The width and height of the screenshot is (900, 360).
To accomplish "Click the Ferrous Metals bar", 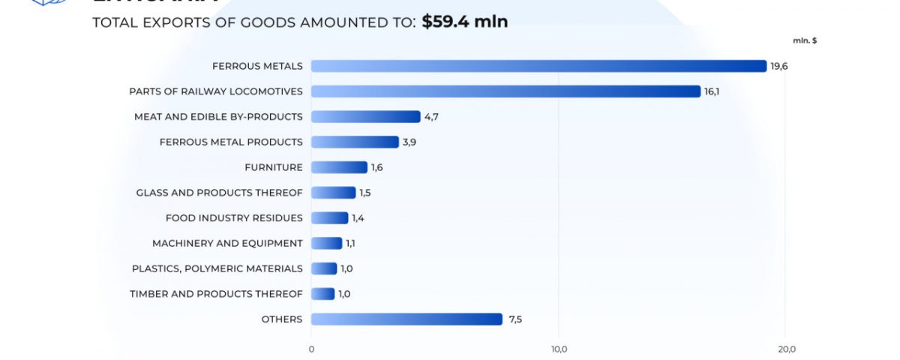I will click(538, 66).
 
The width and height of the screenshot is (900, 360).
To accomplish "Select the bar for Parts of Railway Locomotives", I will click(505, 91).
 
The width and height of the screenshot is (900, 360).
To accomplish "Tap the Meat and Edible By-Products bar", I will click(365, 117).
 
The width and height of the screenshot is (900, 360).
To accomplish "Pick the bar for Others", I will click(406, 319).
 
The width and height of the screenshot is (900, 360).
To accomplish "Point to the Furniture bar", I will click(339, 167).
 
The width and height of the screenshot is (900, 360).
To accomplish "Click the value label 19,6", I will click(779, 67).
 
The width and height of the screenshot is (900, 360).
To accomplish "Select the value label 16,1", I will click(712, 91).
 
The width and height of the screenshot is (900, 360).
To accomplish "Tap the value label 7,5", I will click(515, 319).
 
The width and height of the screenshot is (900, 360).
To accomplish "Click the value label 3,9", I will click(409, 142).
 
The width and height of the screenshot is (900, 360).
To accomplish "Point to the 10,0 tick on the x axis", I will click(559, 349).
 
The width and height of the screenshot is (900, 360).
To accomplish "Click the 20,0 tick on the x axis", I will click(787, 349).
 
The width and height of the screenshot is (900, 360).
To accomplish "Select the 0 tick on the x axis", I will click(311, 349).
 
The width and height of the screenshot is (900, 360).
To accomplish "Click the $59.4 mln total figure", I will click(464, 22).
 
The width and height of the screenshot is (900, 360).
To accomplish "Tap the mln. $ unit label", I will click(805, 40).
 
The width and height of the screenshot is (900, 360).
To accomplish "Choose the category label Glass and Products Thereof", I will click(219, 193).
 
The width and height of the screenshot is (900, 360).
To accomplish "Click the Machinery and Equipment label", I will click(227, 243).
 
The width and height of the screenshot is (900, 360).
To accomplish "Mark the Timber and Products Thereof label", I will click(216, 294).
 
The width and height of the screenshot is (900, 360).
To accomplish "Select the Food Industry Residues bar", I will click(329, 218).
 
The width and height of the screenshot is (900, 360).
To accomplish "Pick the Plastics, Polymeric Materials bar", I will click(324, 268).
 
